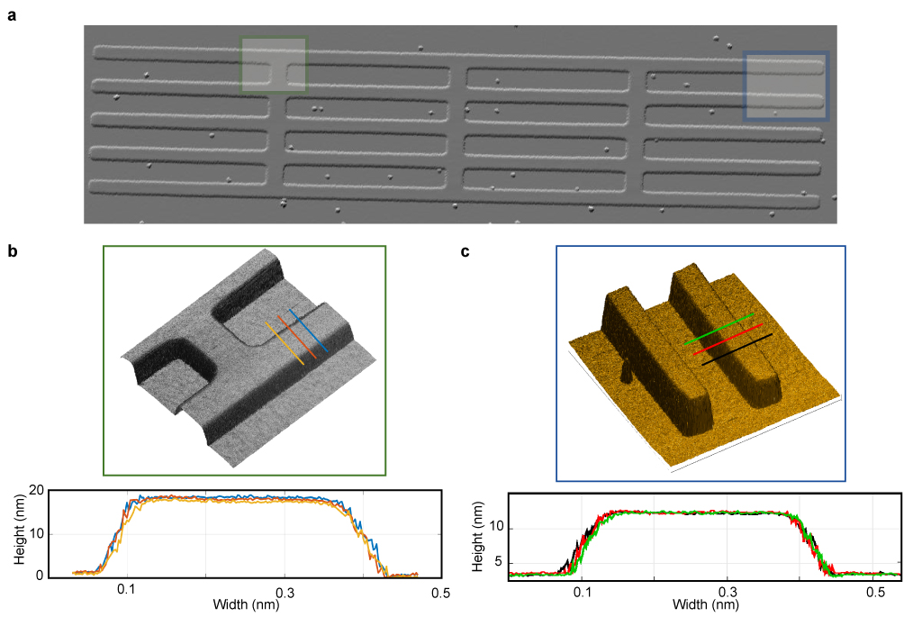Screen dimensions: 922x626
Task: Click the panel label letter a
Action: (12, 15)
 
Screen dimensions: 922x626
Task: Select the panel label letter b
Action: (13, 251)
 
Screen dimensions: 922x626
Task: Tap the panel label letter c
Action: (466, 252)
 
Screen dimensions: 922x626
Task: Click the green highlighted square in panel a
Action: (274, 65)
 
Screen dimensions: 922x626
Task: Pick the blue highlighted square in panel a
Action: (785, 86)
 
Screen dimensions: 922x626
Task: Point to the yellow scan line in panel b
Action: (285, 343)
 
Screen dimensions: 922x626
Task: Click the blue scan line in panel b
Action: (308, 330)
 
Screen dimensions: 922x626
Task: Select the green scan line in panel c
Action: (719, 329)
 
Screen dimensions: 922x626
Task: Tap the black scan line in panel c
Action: (737, 349)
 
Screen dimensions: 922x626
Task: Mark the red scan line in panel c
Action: (728, 339)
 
